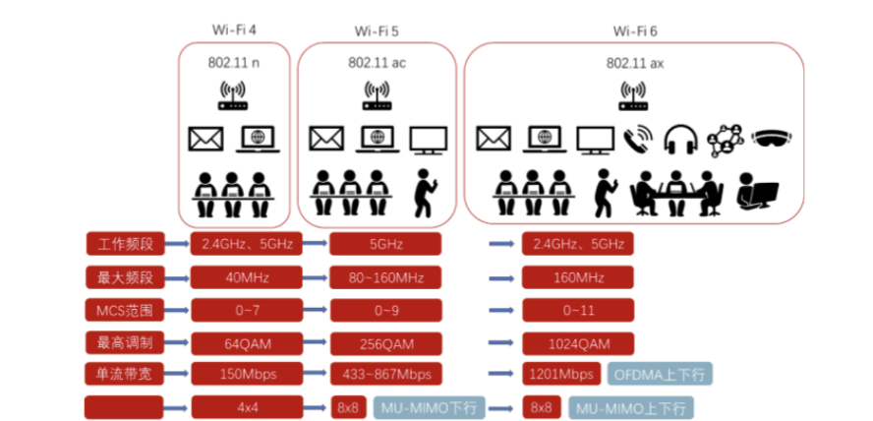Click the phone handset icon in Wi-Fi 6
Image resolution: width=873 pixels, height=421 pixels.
click(639, 138)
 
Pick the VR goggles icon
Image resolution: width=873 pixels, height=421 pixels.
click(771, 138)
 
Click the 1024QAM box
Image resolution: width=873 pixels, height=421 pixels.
click(578, 343)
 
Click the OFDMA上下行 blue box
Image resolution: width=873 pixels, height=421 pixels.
click(661, 375)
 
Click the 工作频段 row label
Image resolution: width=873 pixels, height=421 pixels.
click(124, 243)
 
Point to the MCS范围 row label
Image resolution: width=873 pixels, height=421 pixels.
click(124, 311)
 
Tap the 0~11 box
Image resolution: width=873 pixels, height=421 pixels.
click(578, 311)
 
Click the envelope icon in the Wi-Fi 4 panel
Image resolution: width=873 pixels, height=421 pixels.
click(205, 139)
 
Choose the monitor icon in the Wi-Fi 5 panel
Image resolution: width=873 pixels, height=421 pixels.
click(428, 139)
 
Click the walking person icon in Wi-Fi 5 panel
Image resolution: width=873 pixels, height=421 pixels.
click(425, 192)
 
